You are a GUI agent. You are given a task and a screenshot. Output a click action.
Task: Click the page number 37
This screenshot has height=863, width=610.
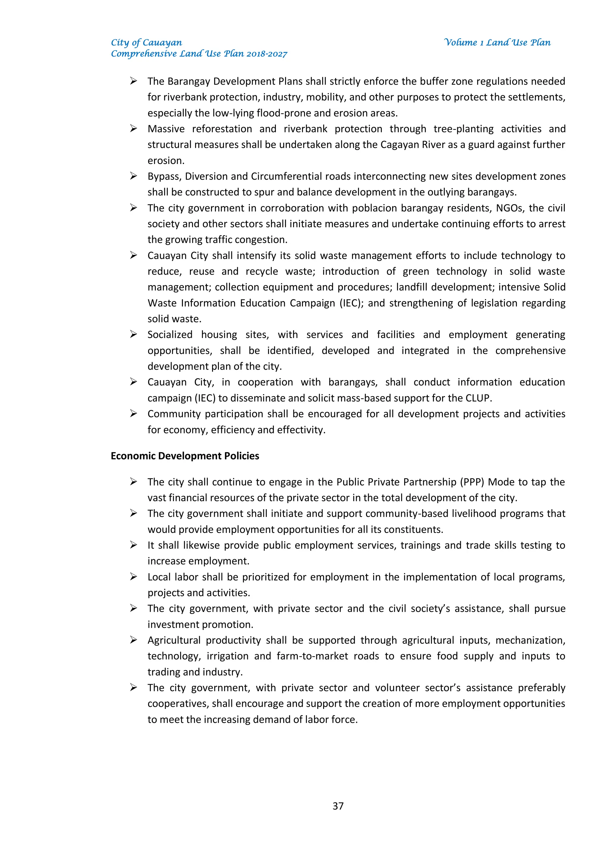tap(338, 805)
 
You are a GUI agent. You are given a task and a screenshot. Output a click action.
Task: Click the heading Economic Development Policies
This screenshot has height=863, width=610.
tap(185, 455)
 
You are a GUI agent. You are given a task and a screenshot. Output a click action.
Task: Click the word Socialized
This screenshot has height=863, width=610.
tap(170, 334)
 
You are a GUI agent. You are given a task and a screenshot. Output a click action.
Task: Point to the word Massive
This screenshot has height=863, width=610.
tap(166, 129)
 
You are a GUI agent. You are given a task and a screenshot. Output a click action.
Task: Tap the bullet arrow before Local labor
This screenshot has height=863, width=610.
tap(133, 577)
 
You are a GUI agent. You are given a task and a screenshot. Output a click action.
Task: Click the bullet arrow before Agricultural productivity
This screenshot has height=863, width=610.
tap(133, 640)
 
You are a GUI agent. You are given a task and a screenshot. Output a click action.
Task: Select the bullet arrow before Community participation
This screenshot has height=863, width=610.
tap(133, 413)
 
